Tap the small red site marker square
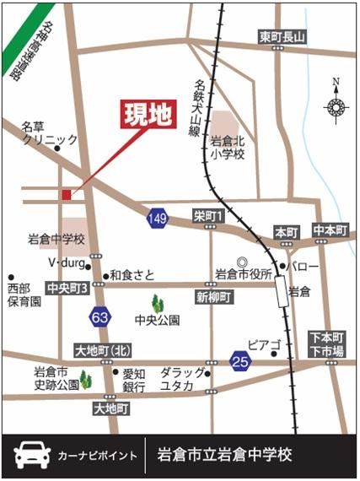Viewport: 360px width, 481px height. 67,195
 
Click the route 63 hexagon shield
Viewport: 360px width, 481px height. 99,316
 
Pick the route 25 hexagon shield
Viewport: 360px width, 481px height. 240,362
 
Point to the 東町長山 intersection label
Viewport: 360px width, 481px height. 282,36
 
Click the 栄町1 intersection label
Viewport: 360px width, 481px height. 207,217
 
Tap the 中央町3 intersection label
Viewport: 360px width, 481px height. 67,287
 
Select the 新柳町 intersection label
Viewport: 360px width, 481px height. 214,297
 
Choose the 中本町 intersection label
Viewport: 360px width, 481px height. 330,230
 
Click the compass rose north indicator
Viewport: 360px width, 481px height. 336,105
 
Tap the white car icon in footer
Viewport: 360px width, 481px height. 32,455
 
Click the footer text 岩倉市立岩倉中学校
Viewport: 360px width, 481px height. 225,455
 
